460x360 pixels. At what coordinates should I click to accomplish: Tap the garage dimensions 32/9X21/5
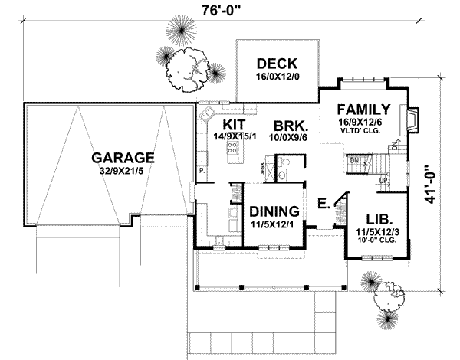123,172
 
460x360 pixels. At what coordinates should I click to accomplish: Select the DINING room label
274,211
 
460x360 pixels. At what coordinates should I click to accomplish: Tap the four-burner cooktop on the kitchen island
234,154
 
